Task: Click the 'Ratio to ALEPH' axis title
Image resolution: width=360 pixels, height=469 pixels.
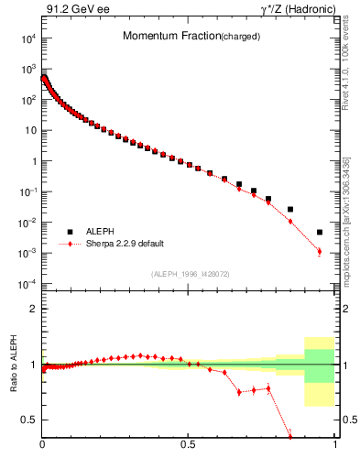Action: click(x=13, y=365)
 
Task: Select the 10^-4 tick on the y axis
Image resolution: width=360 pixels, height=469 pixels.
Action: click(x=28, y=283)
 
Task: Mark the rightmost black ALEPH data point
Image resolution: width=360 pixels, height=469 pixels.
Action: click(x=320, y=233)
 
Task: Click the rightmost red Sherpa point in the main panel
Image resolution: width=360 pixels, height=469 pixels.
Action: click(x=320, y=251)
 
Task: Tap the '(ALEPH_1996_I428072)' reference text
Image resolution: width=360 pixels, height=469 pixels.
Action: click(x=189, y=274)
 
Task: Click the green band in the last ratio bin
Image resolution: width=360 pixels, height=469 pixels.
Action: click(x=320, y=365)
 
